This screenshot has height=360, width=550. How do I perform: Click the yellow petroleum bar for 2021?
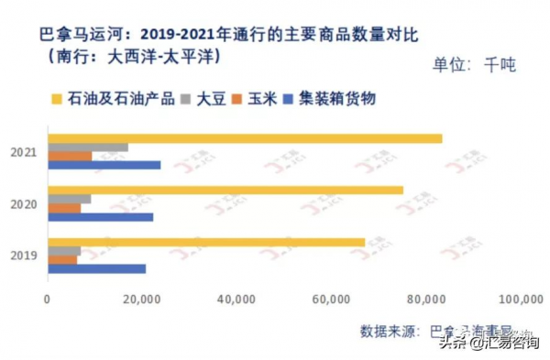245,138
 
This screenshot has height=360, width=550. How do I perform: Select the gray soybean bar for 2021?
88,147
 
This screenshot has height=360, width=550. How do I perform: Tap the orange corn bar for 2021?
70,156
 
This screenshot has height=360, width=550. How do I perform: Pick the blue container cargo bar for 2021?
104,165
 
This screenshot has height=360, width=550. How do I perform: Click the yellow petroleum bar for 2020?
225,190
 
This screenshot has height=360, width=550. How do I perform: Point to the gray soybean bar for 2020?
70,199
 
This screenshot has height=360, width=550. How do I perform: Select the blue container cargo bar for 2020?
100,217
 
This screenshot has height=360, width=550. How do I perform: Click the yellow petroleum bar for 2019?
206,242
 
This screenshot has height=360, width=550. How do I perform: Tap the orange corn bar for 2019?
62,259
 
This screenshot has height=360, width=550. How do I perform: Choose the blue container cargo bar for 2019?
96,268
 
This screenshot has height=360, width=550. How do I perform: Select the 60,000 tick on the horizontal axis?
332,299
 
